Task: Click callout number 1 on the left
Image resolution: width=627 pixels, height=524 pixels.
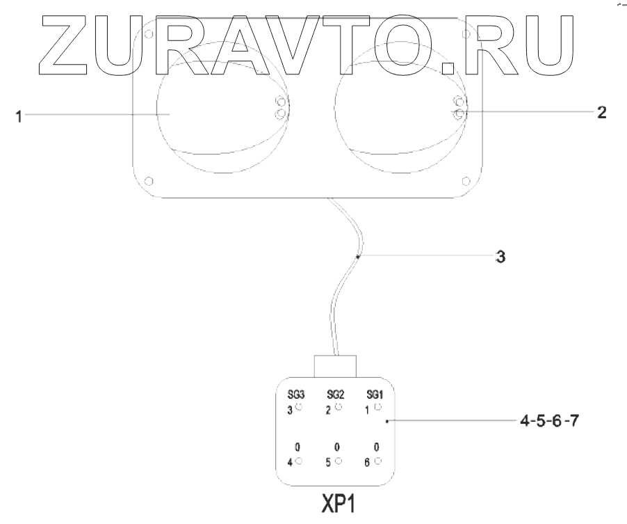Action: click(21, 117)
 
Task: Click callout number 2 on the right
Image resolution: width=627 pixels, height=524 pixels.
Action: click(602, 112)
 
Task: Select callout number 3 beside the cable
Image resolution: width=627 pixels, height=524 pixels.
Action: click(499, 257)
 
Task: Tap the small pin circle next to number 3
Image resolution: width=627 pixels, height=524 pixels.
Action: click(299, 406)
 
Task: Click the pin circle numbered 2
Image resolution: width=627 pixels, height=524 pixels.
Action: click(339, 406)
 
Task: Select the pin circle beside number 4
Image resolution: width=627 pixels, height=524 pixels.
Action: click(299, 460)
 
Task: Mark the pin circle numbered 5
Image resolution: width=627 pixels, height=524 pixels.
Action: click(339, 460)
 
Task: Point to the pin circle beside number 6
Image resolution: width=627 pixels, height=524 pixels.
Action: click(377, 460)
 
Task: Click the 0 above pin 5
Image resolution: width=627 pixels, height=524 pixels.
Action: click(336, 447)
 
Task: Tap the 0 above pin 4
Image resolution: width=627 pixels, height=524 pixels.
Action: click(297, 447)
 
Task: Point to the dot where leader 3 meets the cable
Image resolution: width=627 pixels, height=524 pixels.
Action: click(358, 257)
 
